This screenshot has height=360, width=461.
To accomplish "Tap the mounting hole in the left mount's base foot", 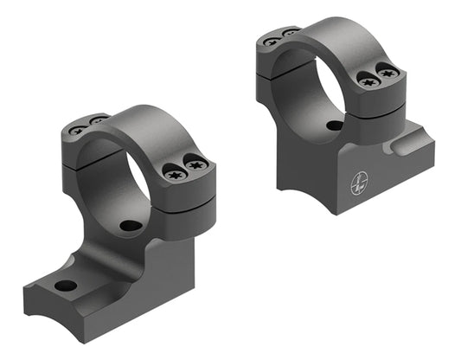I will coord(64,286).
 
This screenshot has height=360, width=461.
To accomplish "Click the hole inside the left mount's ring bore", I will coord(130,226).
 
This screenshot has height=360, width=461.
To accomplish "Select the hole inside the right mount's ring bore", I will coord(334,125).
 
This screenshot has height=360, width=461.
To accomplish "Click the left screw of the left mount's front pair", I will coord(171,173).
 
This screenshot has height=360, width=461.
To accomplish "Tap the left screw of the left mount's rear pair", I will coord(78,131).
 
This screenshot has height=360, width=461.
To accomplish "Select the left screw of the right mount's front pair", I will coord(366,80).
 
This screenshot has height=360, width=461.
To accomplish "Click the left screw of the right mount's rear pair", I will coord(272,42).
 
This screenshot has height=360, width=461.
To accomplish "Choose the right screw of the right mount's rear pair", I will coord(290,33).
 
